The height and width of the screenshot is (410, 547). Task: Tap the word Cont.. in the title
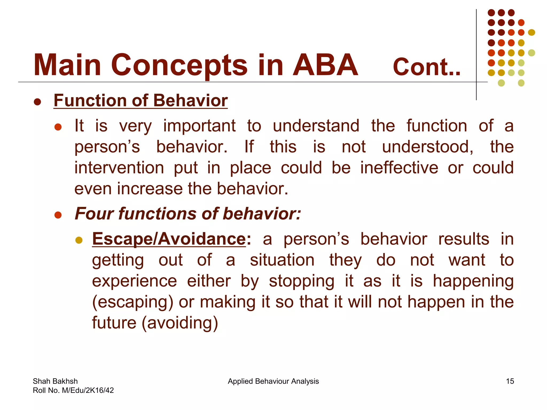coord(427,67)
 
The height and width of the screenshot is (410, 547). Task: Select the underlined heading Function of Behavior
coord(140,101)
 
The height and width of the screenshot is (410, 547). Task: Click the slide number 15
coord(510,381)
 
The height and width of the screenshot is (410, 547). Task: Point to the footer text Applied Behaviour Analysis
coord(273,381)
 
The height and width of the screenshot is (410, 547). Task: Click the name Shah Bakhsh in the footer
coord(55,381)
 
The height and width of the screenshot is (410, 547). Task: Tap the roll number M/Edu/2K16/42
coord(88,391)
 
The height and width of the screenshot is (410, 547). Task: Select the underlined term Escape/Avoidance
coord(169,239)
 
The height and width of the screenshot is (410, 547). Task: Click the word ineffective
coord(399,168)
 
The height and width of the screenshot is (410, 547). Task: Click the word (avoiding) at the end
coord(180,323)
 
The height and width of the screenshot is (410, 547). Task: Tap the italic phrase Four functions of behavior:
coord(188,214)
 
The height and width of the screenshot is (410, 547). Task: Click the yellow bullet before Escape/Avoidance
coord(79,240)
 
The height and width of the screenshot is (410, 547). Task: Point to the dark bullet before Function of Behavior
coord(37,102)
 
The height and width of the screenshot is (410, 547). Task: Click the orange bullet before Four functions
coord(58,215)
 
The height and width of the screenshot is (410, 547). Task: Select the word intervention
coord(119,168)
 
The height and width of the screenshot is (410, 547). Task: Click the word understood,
coord(428,147)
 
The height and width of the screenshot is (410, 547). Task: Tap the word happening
coord(473,281)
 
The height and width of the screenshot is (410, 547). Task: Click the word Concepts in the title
coord(179,65)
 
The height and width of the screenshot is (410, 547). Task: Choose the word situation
coord(282,260)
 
